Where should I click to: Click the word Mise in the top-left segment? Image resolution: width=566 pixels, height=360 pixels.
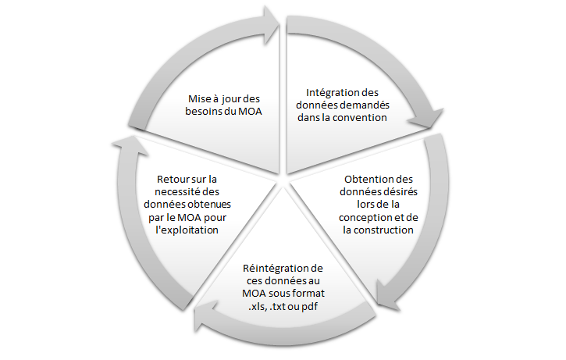point(199,98)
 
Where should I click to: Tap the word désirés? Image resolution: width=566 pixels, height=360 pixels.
point(400,192)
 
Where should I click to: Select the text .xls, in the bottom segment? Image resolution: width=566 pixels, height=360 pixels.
point(258,307)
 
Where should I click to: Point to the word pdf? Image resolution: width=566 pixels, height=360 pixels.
point(309,307)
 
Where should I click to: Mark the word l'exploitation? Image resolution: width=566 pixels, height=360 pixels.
point(187,230)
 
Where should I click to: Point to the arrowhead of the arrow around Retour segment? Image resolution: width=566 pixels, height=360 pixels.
point(130,145)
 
